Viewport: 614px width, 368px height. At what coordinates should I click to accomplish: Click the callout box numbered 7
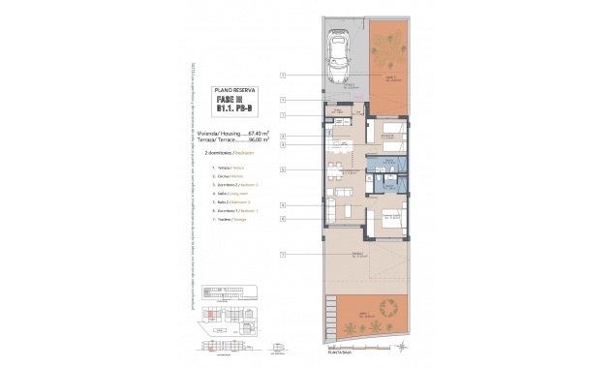coord(282,115)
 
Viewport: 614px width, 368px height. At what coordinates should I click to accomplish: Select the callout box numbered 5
coord(282,169)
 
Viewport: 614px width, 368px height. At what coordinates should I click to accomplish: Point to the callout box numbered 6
coord(282,219)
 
